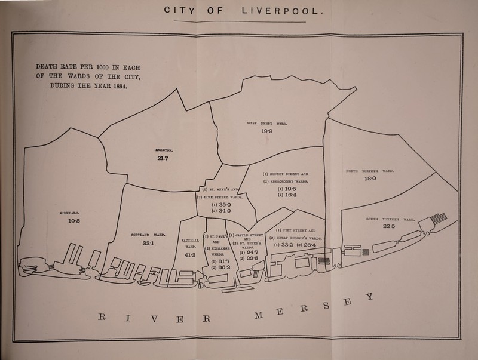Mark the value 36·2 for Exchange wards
click(x=217, y=267)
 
